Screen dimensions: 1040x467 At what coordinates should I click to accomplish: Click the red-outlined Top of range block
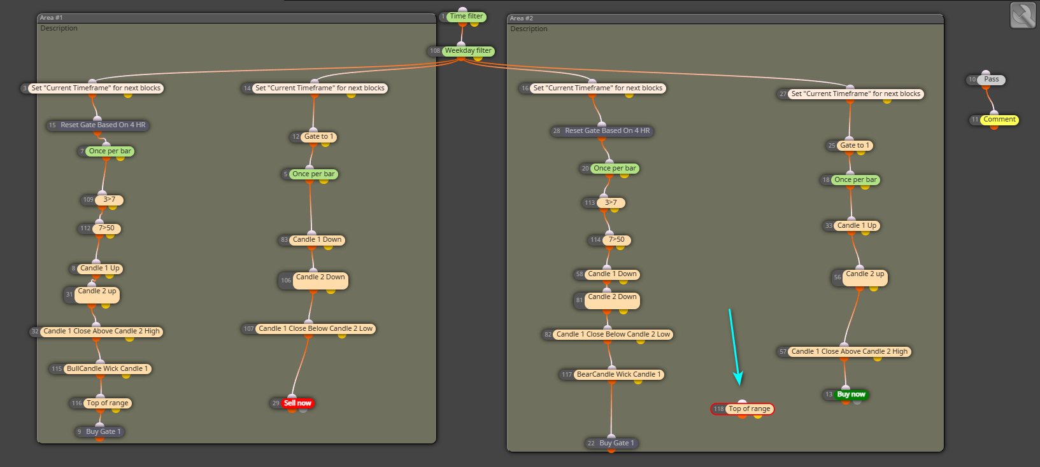[743, 409]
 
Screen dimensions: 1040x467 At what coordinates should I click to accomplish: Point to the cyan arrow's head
[739, 384]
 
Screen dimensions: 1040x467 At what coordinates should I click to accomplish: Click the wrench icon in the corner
[1023, 15]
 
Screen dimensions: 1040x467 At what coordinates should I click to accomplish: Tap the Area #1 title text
[51, 18]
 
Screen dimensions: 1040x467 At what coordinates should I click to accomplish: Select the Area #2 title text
[522, 18]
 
